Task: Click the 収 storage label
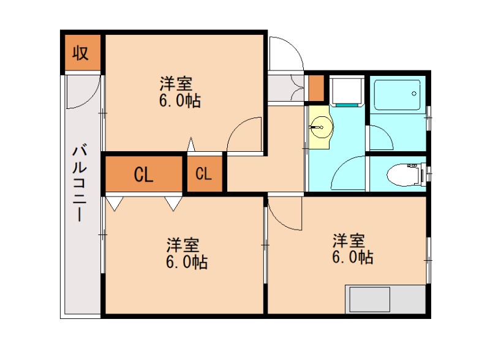[x=81, y=53]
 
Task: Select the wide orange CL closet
[x=144, y=174]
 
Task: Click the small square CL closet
[x=203, y=174]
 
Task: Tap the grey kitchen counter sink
[x=370, y=301]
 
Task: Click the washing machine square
[x=346, y=91]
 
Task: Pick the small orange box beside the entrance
[x=316, y=88]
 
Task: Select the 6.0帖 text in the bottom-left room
[x=186, y=263]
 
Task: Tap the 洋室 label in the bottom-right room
[x=348, y=239]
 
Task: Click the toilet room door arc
[x=349, y=173]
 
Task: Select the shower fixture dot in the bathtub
[x=414, y=94]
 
